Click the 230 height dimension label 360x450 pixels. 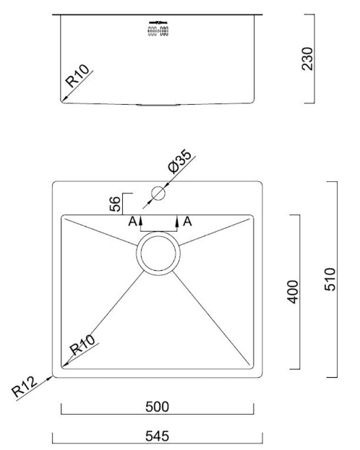point(309,58)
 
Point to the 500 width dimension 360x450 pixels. point(157,407)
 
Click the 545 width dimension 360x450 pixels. point(157,436)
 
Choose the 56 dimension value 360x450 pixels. point(115,204)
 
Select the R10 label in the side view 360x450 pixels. point(77,77)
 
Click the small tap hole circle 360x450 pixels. point(158,193)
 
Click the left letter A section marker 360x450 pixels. point(132,221)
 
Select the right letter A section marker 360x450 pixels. point(188,221)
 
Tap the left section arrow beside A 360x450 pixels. point(142,221)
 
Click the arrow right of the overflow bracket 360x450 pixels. point(176,221)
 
